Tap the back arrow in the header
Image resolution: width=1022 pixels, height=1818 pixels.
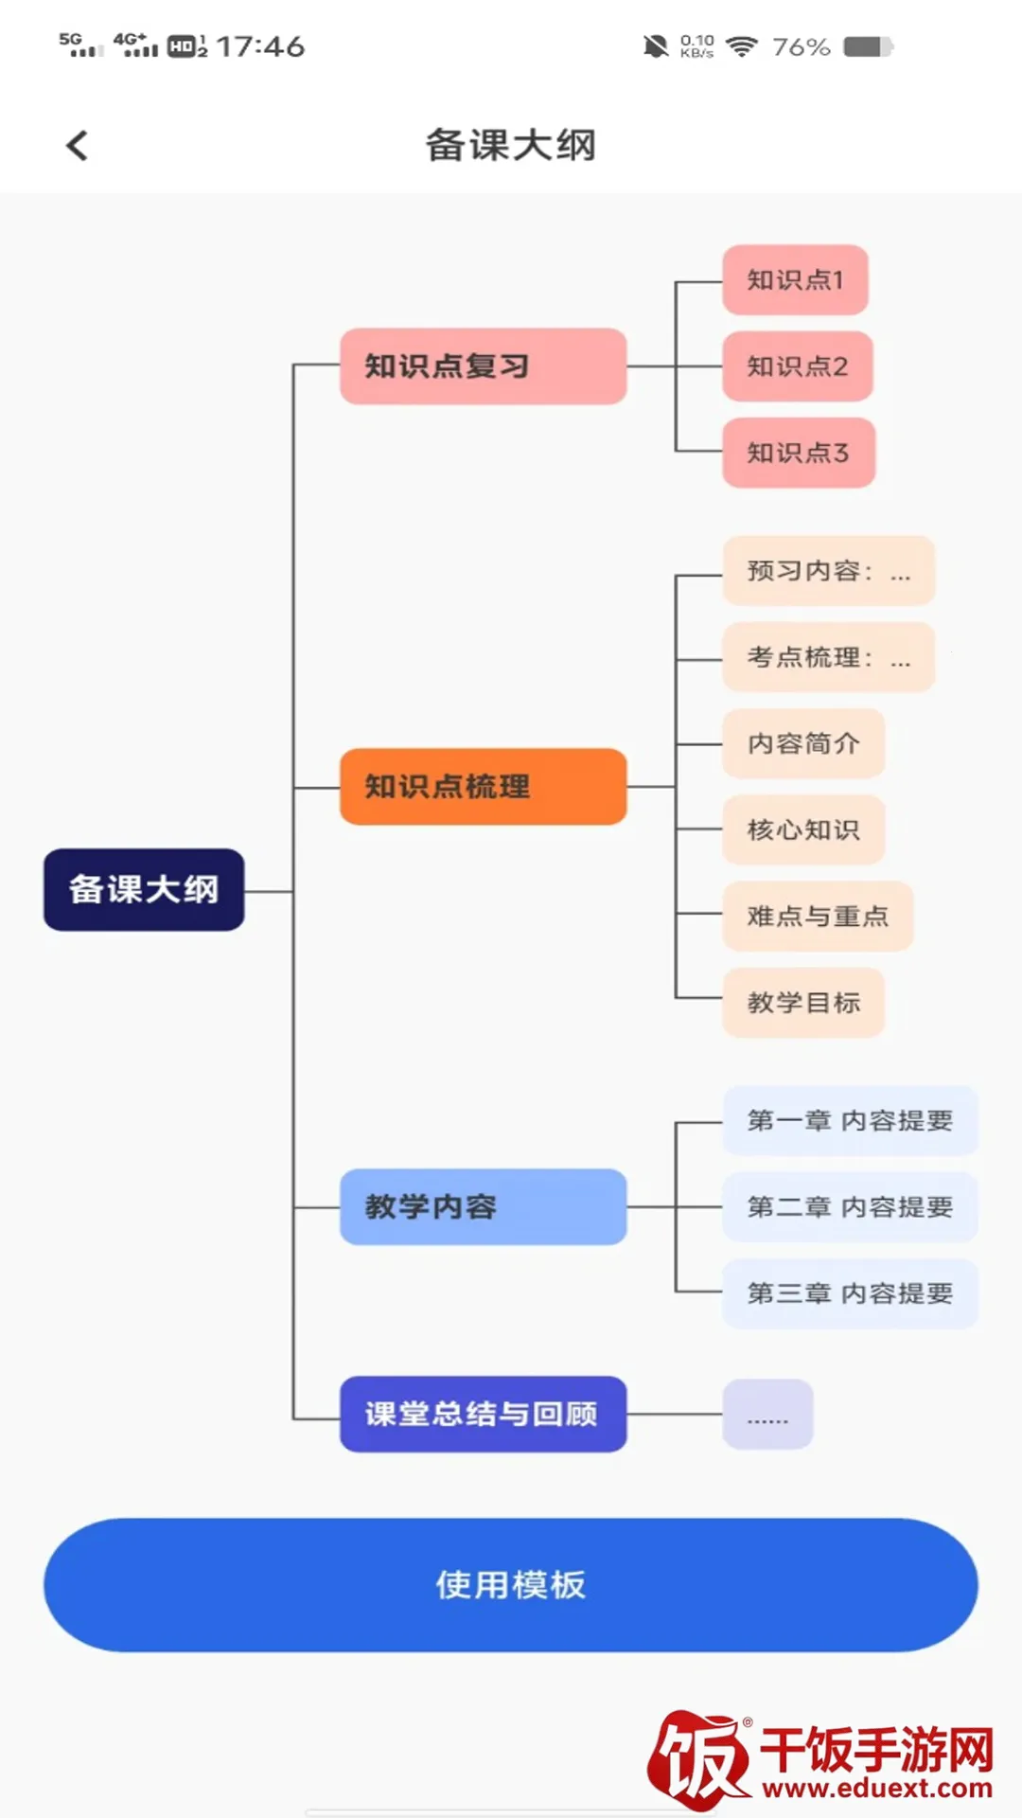pyautogui.click(x=78, y=146)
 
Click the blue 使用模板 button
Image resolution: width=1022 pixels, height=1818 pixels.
pyautogui.click(x=511, y=1584)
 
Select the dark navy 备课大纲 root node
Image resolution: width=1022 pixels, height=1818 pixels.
pyautogui.click(x=144, y=889)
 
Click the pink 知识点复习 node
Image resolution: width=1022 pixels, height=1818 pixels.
pyautogui.click(x=483, y=366)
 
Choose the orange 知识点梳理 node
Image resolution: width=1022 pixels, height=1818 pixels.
pyautogui.click(x=483, y=787)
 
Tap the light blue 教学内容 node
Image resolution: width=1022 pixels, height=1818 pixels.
pyautogui.click(x=483, y=1206)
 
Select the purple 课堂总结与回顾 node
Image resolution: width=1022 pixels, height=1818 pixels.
pyautogui.click(x=483, y=1414)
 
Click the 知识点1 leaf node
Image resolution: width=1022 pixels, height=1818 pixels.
pyautogui.click(x=795, y=280)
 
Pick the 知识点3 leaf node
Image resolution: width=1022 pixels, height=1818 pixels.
pyautogui.click(x=798, y=453)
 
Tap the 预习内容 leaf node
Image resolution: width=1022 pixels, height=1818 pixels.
pyautogui.click(x=828, y=571)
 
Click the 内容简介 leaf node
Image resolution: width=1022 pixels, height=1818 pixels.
pyautogui.click(x=803, y=743)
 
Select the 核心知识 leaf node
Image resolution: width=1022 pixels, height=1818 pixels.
pyautogui.click(x=803, y=829)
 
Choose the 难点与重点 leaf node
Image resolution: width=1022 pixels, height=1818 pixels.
pyautogui.click(x=818, y=916)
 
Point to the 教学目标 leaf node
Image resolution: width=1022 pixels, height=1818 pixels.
pyautogui.click(x=803, y=1002)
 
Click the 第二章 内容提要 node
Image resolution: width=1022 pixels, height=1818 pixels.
pyautogui.click(x=850, y=1206)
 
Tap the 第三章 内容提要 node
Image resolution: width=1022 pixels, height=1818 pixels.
pyautogui.click(x=850, y=1293)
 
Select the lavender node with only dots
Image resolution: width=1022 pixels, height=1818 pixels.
pyautogui.click(x=767, y=1415)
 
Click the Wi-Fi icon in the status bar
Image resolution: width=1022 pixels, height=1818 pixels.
pyautogui.click(x=742, y=46)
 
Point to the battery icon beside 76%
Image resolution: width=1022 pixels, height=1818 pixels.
pyautogui.click(x=868, y=46)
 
